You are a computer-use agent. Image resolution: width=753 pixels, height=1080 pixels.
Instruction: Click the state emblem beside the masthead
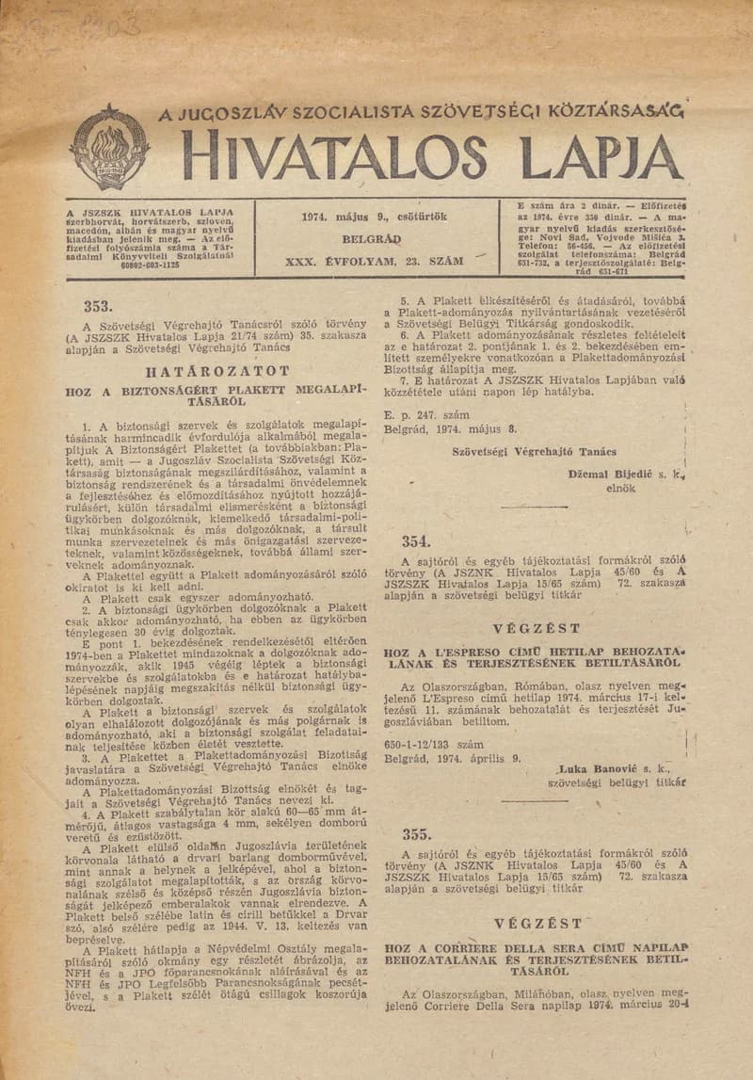109,148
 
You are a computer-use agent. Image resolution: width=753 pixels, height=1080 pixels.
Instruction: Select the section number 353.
98,305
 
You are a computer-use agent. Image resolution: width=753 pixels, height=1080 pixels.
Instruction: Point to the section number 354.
415,540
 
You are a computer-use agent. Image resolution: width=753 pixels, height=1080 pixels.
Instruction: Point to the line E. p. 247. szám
425,412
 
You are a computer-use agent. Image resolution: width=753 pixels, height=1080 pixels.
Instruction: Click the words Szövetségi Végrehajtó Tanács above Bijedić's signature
534,452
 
